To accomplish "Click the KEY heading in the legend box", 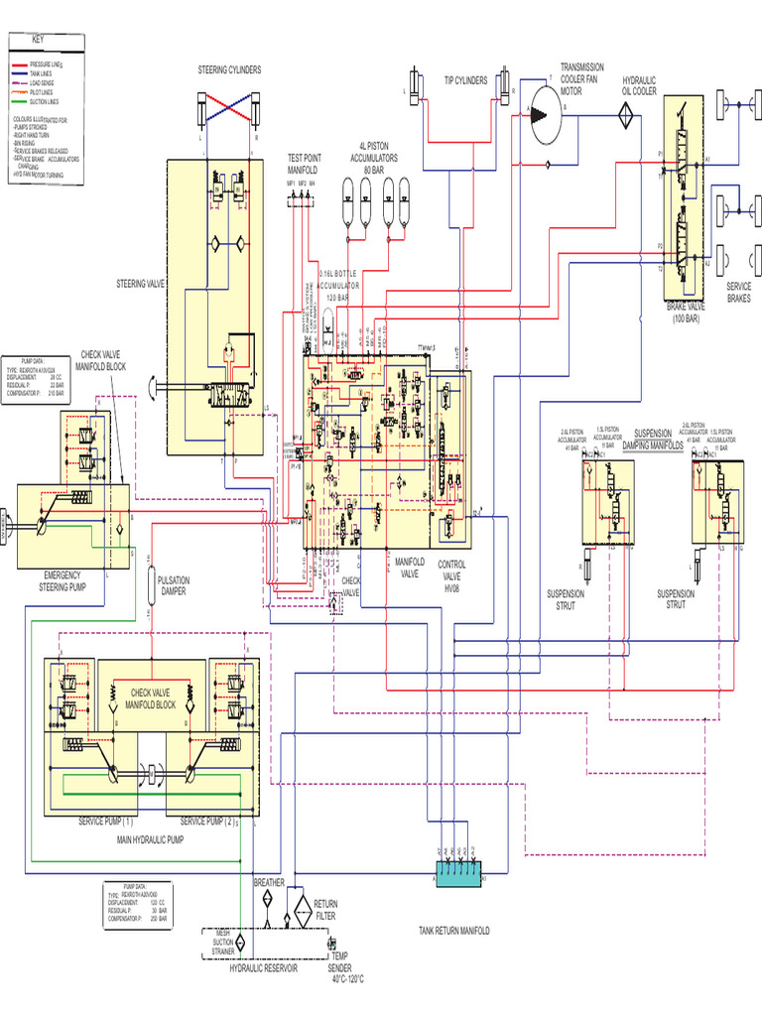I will (38, 39).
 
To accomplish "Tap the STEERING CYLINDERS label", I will (229, 69).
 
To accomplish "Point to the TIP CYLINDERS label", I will (464, 80).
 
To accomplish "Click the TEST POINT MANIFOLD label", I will (305, 164).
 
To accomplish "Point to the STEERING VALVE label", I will (141, 284).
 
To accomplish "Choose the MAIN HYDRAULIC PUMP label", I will (151, 839).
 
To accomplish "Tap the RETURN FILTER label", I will (325, 910).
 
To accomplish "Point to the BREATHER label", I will (269, 882).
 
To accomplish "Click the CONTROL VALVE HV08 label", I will (451, 574).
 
